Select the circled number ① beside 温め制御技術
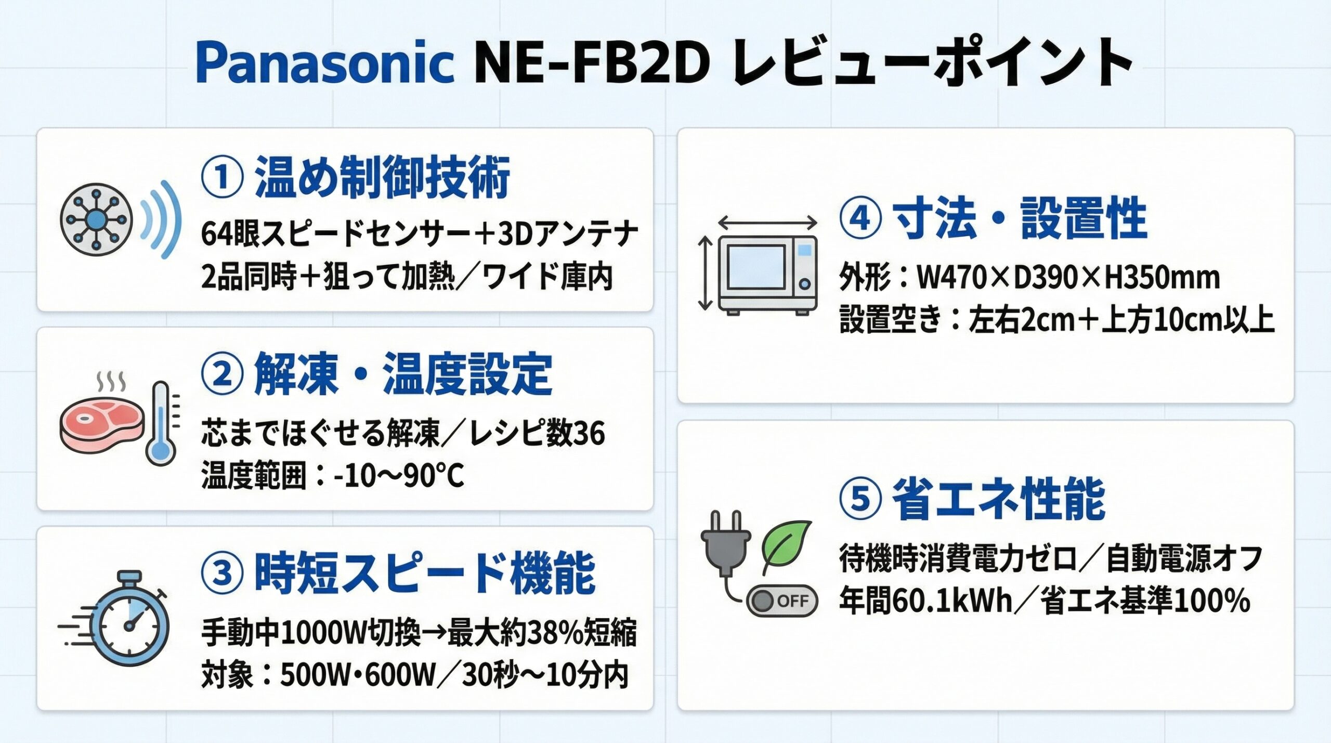point(222,177)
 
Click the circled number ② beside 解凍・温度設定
point(222,374)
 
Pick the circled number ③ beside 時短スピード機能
point(222,573)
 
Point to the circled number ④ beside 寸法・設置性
point(860,218)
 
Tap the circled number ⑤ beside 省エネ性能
point(860,499)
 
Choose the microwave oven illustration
point(767,275)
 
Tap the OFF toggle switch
point(782,601)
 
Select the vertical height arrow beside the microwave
point(704,273)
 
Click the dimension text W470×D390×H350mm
point(1067,278)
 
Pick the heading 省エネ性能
point(999,499)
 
